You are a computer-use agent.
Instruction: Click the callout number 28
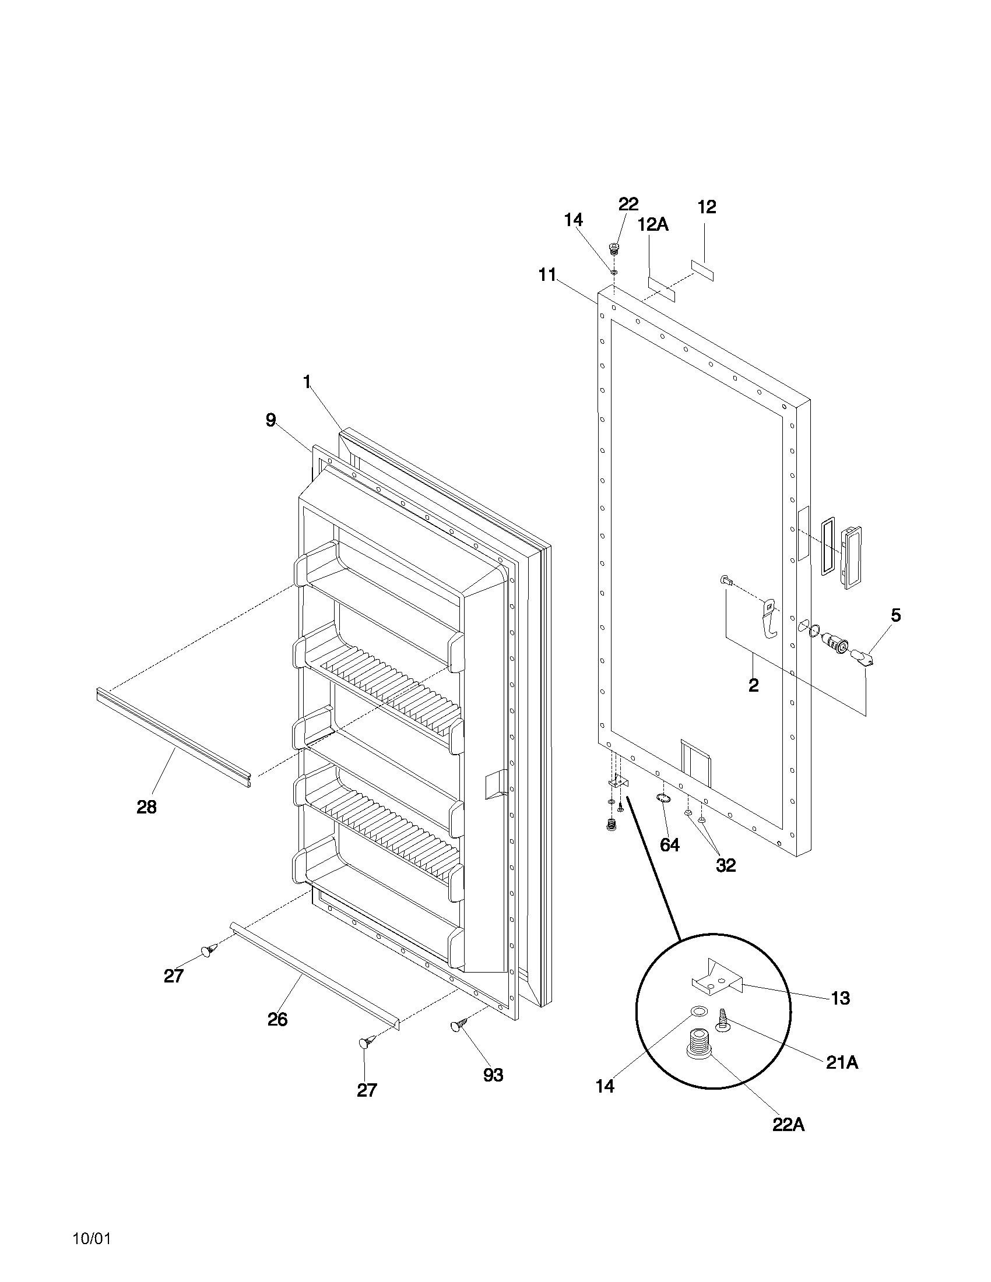pos(146,807)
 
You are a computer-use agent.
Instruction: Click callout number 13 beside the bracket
pos(841,998)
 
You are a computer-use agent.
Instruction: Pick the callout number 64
pos(669,845)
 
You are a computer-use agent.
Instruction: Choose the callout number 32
pos(726,865)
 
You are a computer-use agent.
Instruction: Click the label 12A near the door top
pos(653,224)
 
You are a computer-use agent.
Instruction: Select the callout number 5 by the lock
pos(895,615)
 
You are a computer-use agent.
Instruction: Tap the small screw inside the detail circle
pos(721,1020)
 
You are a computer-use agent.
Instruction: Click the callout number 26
pos(277,1020)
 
